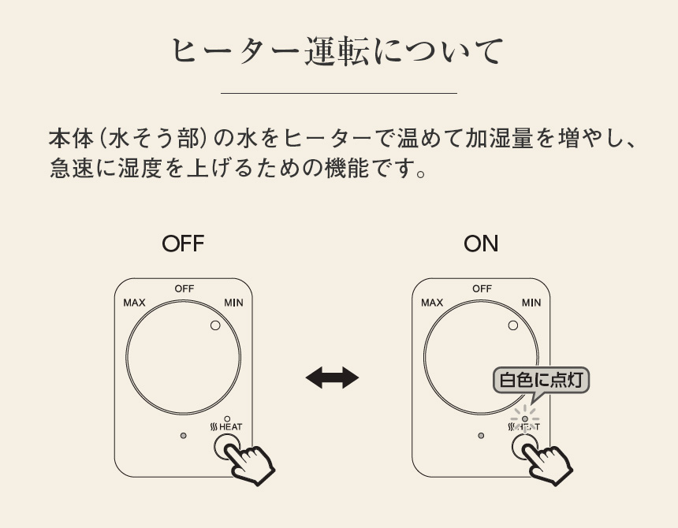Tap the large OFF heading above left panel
183,244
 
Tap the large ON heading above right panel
481,244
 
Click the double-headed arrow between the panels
332,378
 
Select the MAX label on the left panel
134,303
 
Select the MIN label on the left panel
233,303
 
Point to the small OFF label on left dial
184,289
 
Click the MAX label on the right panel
432,303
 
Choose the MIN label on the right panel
531,303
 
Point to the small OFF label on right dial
482,289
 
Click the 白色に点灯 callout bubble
542,381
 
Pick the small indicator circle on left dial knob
214,325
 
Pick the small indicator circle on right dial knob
512,325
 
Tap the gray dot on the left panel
183,435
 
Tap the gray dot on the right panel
481,435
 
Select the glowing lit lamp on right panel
525,418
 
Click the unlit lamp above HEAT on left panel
227,418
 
